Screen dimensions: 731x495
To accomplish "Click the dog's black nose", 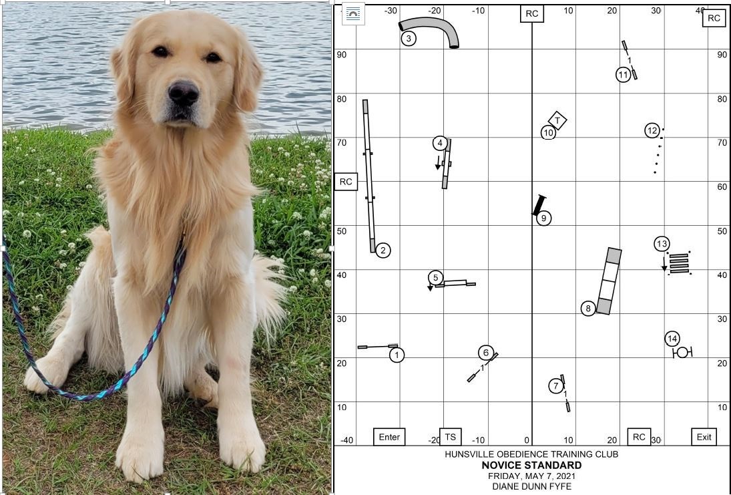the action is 183,92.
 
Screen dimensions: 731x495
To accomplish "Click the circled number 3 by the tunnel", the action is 409,38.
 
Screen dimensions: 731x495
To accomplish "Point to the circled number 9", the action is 543,218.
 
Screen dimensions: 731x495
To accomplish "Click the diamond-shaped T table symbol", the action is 557,120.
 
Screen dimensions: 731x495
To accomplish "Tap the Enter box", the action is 389,437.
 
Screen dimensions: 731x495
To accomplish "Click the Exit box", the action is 704,437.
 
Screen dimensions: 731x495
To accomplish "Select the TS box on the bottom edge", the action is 451,437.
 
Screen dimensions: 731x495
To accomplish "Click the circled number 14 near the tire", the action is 672,339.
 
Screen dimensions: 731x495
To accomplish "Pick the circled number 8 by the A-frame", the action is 588,309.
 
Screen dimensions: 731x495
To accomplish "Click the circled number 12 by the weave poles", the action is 652,131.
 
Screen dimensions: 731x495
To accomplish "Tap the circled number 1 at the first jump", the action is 397,355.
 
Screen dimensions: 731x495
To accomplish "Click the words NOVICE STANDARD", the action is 531,465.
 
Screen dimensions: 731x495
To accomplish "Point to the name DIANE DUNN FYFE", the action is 531,486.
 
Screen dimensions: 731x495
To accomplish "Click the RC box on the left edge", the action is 346,182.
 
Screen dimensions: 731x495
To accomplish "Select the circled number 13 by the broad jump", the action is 662,244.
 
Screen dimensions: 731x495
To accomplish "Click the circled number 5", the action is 435,278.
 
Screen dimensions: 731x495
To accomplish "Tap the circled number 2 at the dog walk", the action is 383,251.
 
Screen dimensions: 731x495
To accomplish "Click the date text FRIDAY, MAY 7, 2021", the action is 531,476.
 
